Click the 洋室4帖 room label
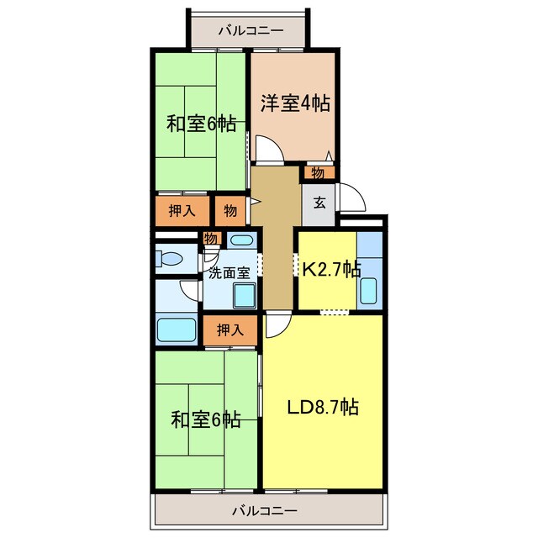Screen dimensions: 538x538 pos(294,103)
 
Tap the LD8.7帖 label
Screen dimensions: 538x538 pos(324,408)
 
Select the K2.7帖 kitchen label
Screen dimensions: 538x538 pos(331,269)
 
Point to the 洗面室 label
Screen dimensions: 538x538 pos(228,272)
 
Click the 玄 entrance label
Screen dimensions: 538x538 pos(319,203)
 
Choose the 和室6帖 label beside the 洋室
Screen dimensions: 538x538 pos(200,124)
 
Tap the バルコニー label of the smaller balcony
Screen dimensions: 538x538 pos(250,31)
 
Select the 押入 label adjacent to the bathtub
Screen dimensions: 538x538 pos(230,330)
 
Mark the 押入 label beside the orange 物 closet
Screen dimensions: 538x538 pos(182,210)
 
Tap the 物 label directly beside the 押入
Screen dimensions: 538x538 pos(229,210)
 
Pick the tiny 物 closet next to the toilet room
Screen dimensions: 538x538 pos(210,240)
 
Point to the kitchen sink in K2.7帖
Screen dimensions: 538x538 pos(368,288)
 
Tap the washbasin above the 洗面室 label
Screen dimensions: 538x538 pos(240,240)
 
